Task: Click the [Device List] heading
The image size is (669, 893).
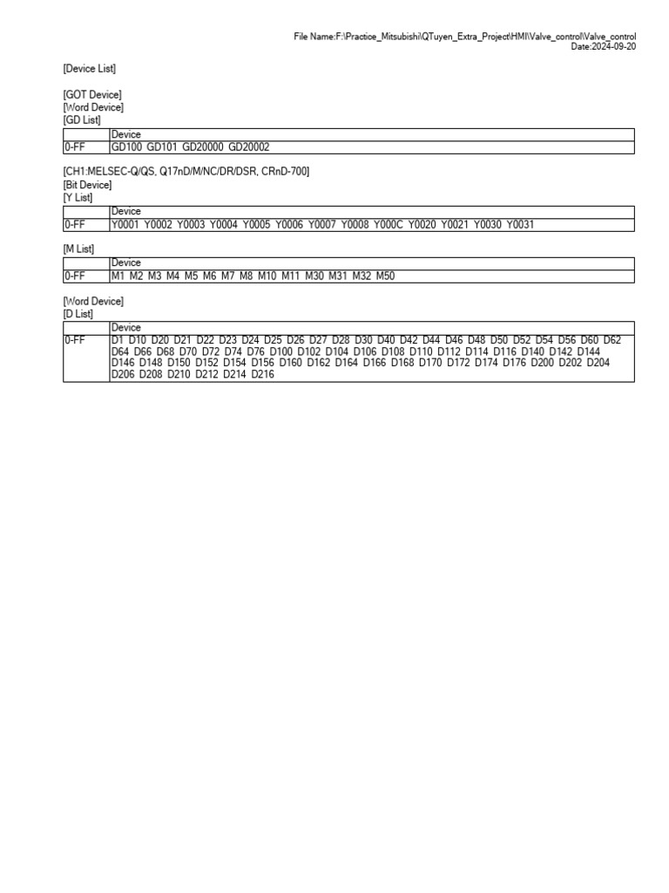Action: coord(89,68)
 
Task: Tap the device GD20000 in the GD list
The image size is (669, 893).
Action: coord(202,148)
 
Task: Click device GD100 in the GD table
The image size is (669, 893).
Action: coord(126,148)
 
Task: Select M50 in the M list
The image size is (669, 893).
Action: coord(385,276)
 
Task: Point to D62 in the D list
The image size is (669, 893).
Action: coord(612,341)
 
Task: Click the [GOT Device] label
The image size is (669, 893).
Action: coord(91,95)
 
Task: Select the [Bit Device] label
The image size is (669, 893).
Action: coord(87,185)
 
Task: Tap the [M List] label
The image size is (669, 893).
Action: coord(78,249)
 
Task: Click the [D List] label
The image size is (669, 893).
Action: coord(78,313)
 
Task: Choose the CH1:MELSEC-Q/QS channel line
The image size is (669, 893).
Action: coord(186,172)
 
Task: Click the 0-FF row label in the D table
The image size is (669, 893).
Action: coord(74,341)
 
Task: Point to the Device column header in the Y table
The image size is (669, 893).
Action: coord(125,212)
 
